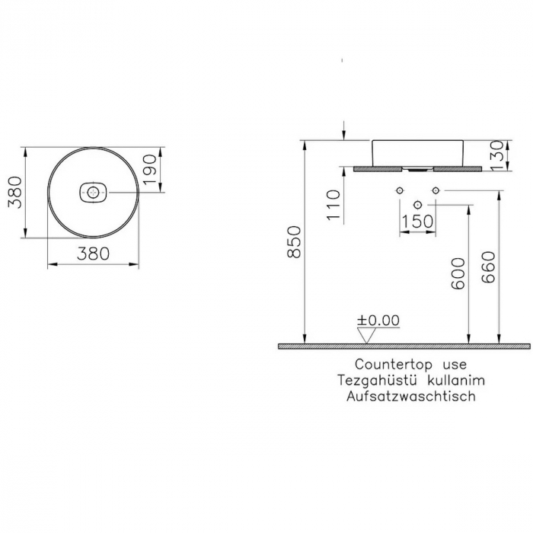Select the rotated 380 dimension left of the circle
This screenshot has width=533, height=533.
[x=14, y=192]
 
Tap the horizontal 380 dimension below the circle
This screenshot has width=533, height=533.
[x=94, y=253]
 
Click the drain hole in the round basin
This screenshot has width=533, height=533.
[x=94, y=193]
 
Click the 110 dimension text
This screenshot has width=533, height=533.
[x=332, y=205]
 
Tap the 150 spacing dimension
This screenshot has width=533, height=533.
[x=417, y=221]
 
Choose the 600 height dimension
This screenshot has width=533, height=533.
[x=457, y=273]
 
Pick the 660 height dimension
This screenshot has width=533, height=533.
[x=490, y=267]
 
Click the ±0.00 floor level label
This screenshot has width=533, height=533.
[x=378, y=321]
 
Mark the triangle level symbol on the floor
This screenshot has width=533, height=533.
[x=369, y=335]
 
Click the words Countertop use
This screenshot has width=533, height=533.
[x=410, y=365]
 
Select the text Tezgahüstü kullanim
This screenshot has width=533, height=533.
[x=412, y=380]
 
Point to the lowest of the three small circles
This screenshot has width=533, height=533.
[x=417, y=204]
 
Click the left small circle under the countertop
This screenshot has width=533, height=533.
[x=399, y=189]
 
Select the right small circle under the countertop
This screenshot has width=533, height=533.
[x=436, y=189]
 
